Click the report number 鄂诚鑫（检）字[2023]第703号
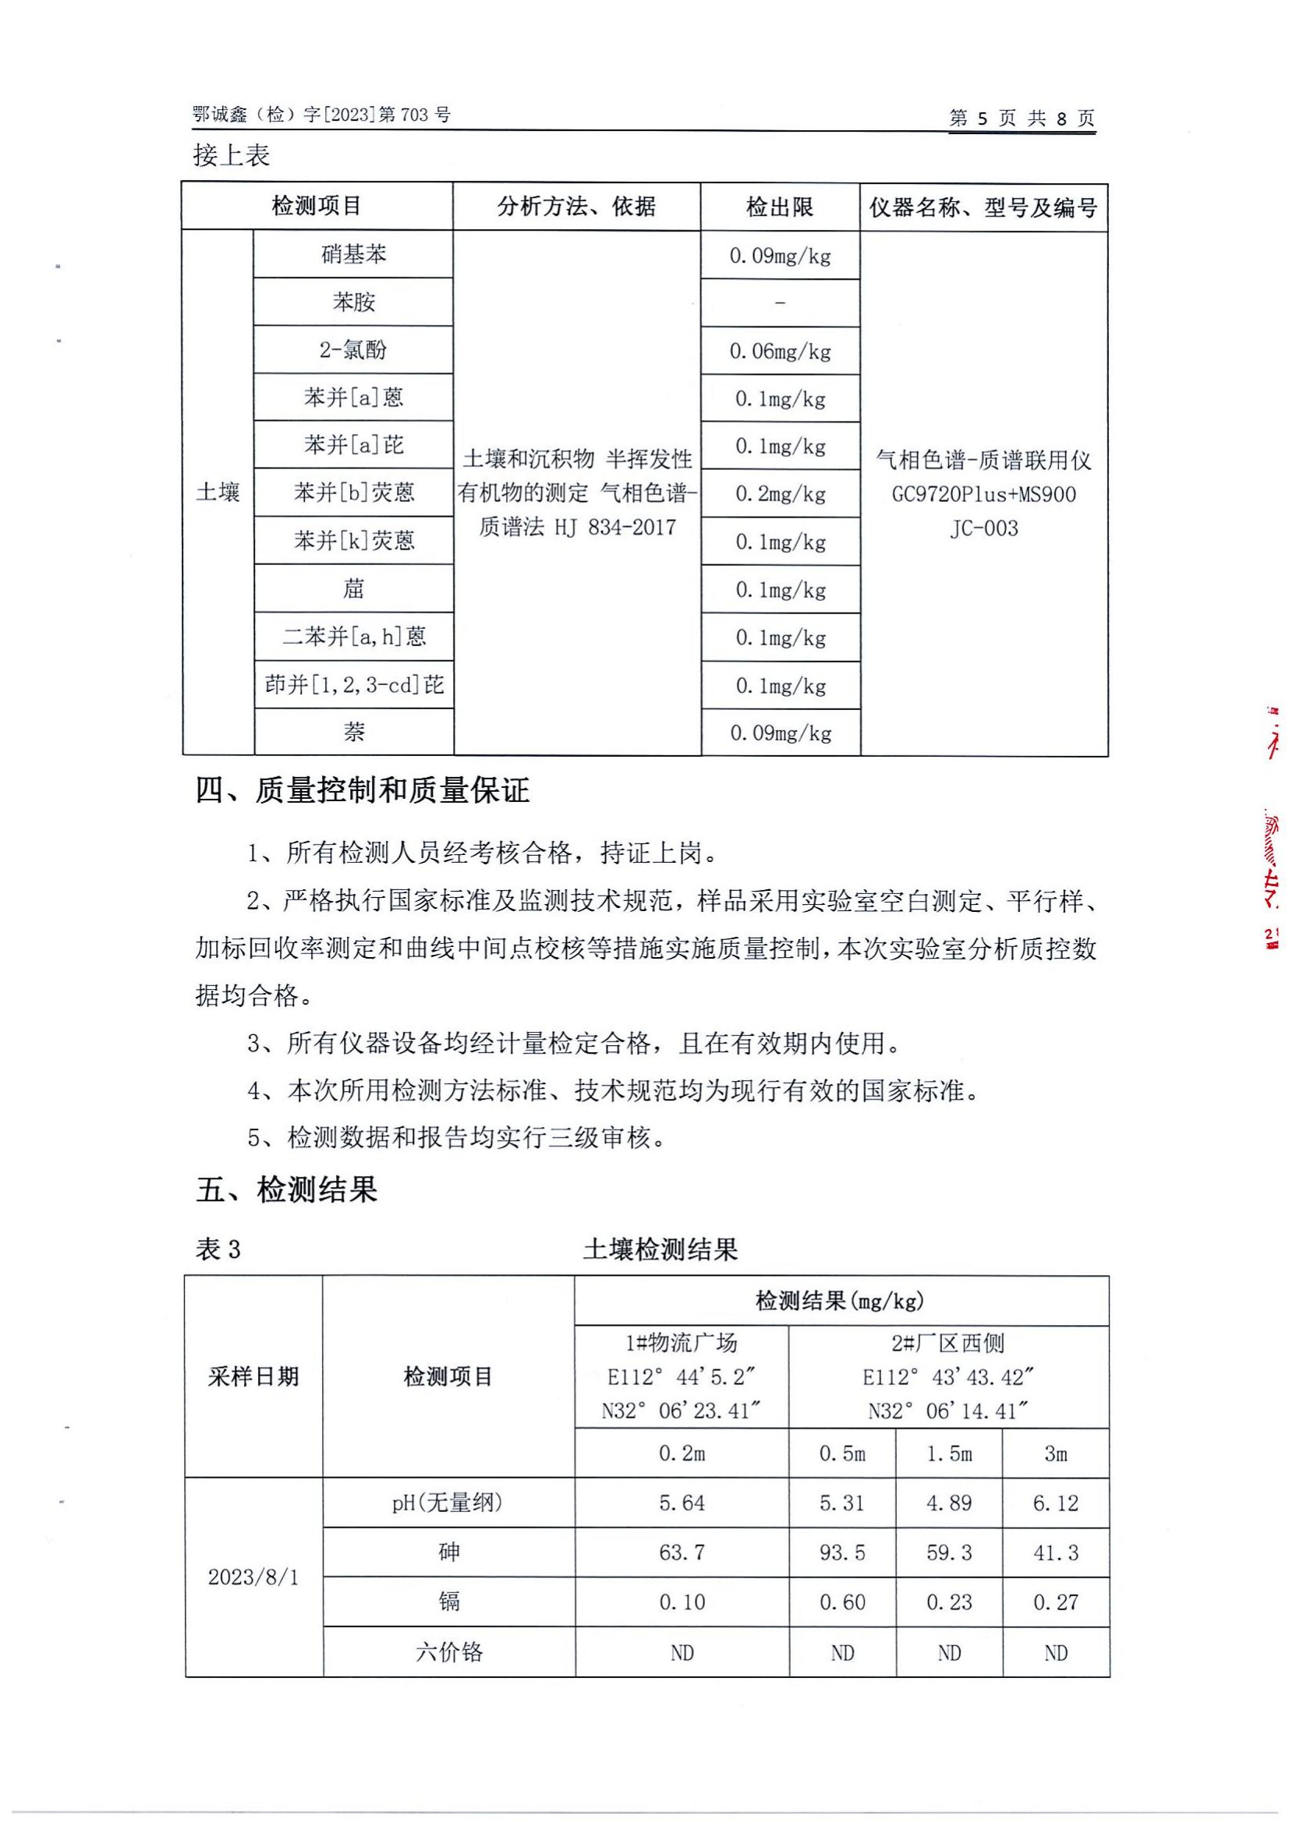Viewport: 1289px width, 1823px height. [x=320, y=115]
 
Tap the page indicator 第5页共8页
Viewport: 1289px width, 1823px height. [x=1022, y=119]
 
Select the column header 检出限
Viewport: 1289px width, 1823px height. [x=779, y=207]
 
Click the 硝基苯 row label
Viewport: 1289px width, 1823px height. [x=353, y=254]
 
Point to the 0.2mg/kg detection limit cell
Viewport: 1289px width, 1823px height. [x=780, y=494]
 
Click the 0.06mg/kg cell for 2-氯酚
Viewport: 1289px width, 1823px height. [x=780, y=351]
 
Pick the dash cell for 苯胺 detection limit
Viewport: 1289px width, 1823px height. [x=780, y=302]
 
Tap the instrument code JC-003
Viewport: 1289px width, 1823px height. [x=983, y=528]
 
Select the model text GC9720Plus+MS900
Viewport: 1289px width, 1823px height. [x=983, y=494]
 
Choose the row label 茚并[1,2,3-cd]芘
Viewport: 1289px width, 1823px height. [x=353, y=684]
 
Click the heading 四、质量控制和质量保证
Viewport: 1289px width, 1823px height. [x=362, y=791]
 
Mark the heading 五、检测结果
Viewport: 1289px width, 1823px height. [x=286, y=1189]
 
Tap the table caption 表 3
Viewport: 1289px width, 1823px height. [x=218, y=1249]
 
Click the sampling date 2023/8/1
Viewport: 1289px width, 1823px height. [x=253, y=1577]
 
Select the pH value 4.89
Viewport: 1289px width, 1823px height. [x=948, y=1503]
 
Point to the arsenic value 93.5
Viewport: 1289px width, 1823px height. [x=842, y=1553]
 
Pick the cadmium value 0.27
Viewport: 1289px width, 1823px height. [x=1055, y=1602]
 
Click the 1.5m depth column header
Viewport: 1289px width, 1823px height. [x=948, y=1454]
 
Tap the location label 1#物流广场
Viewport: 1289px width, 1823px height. [x=681, y=1343]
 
